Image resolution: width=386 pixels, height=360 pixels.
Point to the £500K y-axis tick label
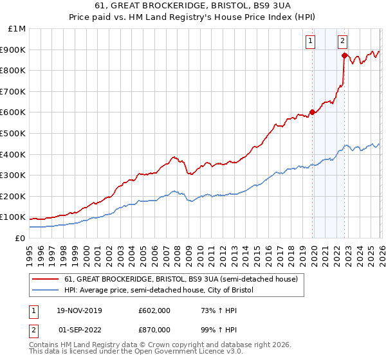(x=14, y=134)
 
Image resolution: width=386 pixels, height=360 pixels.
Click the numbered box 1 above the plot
(x=310, y=41)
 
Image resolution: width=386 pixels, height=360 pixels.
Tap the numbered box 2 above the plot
(x=342, y=41)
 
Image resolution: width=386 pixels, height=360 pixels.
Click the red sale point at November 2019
(x=312, y=112)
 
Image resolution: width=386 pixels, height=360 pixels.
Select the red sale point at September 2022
(x=344, y=56)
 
